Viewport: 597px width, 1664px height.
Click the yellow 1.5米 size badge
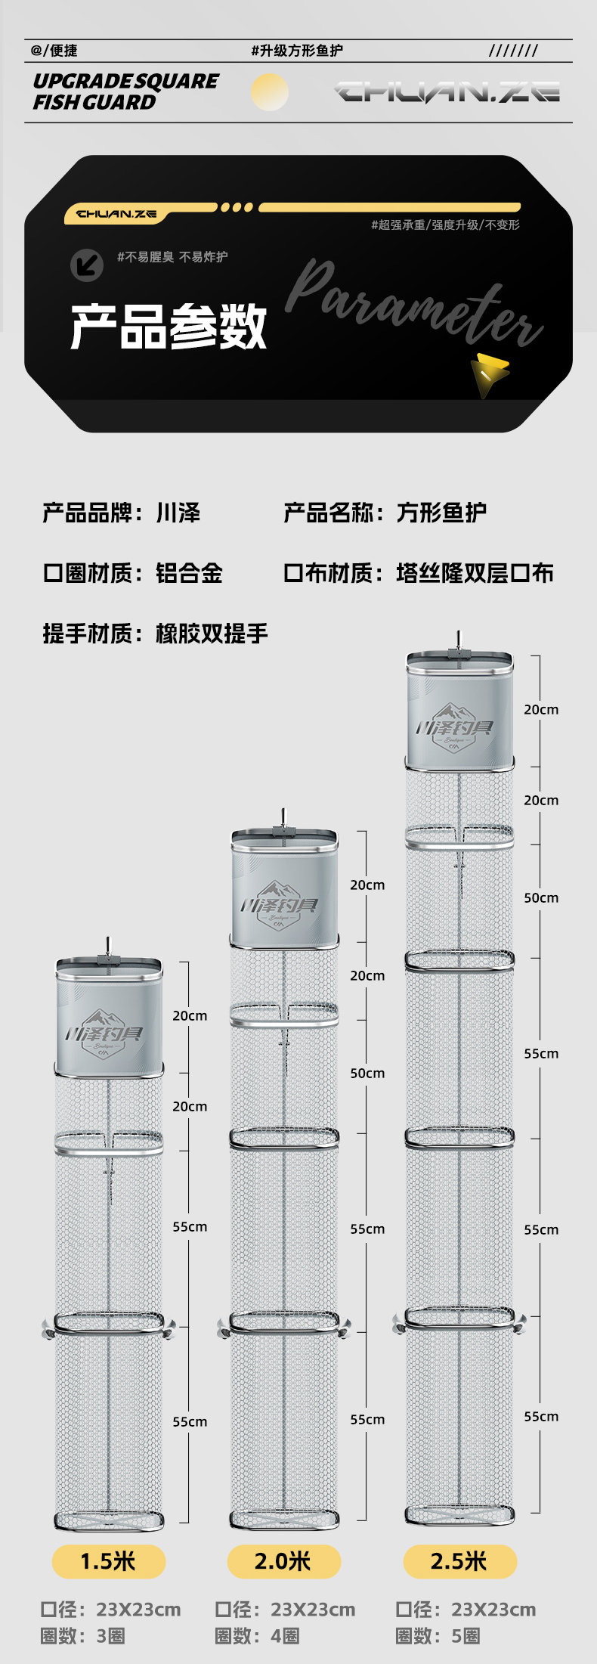(x=108, y=1561)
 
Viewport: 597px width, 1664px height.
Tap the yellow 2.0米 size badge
(x=283, y=1561)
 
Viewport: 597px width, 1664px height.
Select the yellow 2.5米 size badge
(x=459, y=1561)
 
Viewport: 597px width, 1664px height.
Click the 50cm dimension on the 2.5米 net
(x=541, y=898)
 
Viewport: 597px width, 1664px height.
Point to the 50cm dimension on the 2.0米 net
(x=367, y=1074)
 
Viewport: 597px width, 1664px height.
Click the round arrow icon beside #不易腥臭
(x=87, y=265)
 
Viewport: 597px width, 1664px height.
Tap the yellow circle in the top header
(x=269, y=92)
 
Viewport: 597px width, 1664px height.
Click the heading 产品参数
(x=169, y=327)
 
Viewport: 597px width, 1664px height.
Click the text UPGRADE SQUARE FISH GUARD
(x=125, y=91)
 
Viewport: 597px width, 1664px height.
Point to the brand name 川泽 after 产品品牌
(x=178, y=513)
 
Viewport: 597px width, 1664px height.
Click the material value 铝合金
(x=189, y=573)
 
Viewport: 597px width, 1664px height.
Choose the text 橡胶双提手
(x=212, y=634)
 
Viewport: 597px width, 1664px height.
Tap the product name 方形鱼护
(x=441, y=513)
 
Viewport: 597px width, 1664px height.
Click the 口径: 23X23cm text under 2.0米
(x=285, y=1610)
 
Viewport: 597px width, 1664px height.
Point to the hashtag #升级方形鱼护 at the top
(x=297, y=51)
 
